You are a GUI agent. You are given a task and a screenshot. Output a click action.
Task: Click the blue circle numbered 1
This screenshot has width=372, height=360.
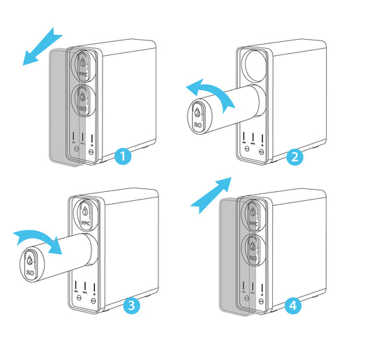click(x=123, y=156)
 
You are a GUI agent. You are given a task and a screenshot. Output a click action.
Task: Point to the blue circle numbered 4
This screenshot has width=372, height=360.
click(x=294, y=305)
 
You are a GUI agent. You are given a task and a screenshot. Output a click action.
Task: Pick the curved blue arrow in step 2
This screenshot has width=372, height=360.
click(x=210, y=93)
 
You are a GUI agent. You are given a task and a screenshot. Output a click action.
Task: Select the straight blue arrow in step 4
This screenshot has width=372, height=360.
click(x=212, y=193)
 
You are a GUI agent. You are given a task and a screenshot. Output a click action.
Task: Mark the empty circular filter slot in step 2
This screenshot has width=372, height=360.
click(x=254, y=66)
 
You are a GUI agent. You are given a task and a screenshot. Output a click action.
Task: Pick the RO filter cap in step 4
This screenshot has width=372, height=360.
click(x=253, y=252)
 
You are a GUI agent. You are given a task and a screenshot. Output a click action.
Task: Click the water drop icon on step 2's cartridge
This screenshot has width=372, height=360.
click(x=199, y=112)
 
